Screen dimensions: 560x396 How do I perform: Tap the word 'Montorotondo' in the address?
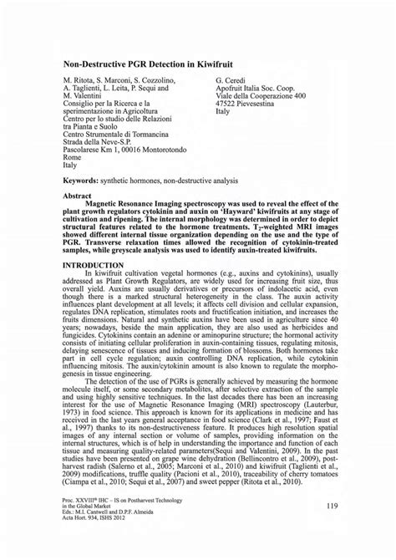tap(174, 149)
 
